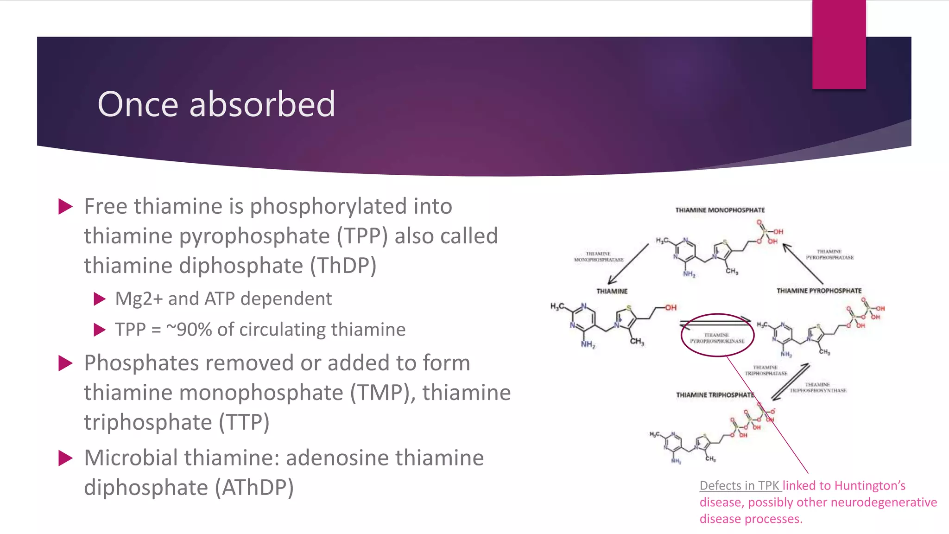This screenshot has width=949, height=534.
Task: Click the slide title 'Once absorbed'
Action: point(216,104)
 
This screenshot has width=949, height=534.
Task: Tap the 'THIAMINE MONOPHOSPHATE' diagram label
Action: point(720,210)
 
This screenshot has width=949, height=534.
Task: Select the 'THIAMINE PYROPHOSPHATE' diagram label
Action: point(819,291)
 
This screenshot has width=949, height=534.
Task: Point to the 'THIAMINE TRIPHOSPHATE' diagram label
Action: point(715,395)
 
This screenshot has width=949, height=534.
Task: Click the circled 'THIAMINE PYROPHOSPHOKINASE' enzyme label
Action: point(717,338)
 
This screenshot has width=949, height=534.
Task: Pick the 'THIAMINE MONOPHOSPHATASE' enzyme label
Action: point(599,257)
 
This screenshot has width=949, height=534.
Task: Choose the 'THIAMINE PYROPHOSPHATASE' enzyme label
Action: point(829,254)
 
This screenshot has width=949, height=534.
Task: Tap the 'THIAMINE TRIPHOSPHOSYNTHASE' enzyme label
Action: point(818,388)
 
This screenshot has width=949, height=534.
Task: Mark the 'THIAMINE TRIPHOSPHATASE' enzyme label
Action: point(766,370)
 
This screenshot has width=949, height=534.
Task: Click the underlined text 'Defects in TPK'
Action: point(740,485)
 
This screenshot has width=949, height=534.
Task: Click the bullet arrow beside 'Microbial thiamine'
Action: point(66,458)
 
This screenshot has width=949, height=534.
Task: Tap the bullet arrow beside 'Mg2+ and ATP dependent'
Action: point(100,299)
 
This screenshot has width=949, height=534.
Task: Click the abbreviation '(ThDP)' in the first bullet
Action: point(343,266)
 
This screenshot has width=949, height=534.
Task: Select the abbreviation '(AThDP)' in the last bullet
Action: point(254,488)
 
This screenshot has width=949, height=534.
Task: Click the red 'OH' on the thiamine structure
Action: point(671,307)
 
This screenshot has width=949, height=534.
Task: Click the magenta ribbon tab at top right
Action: point(839,44)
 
